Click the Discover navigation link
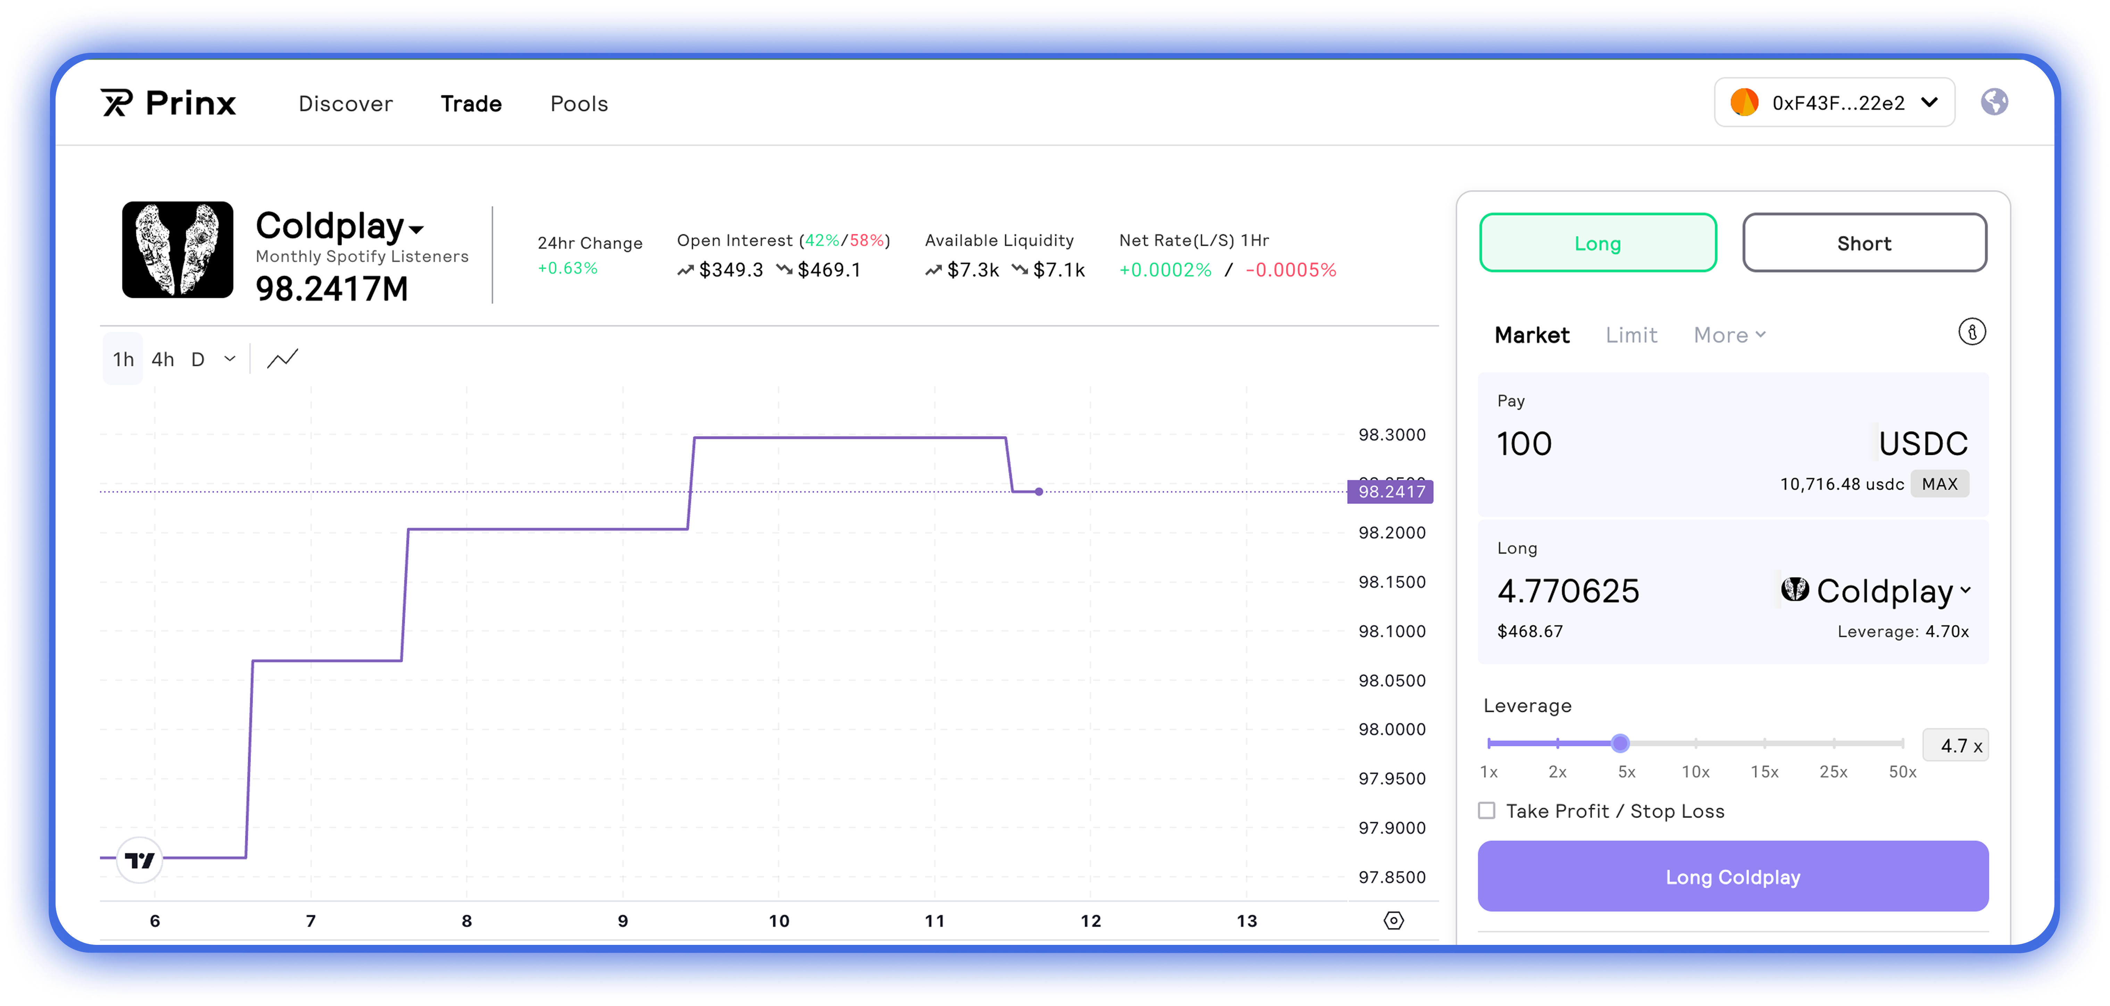click(x=345, y=104)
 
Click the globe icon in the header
click(x=1994, y=102)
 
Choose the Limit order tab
click(x=1631, y=335)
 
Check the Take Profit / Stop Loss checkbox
click(x=1487, y=811)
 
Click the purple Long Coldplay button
click(x=1733, y=876)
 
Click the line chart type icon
click(x=283, y=359)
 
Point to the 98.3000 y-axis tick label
click(x=1392, y=435)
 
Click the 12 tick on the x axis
click(x=1090, y=921)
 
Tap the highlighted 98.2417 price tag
click(x=1391, y=492)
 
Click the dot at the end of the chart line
click(x=1039, y=492)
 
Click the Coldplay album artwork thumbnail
click(x=178, y=250)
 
